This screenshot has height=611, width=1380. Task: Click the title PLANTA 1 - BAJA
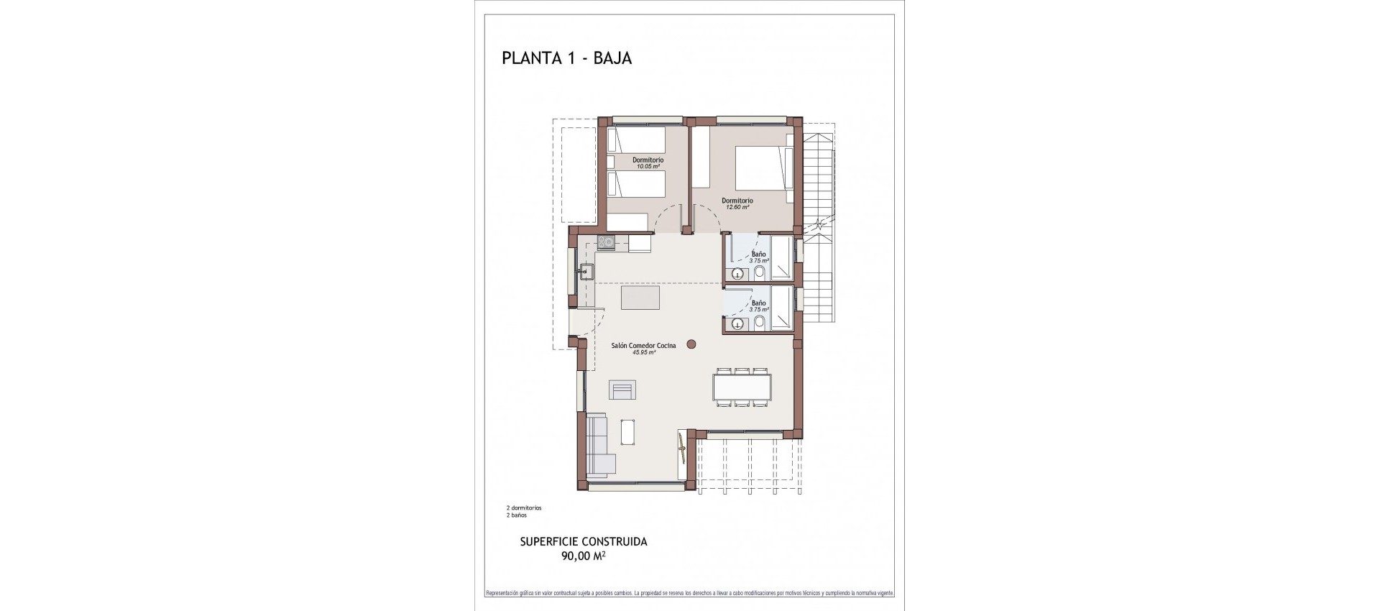[x=566, y=58]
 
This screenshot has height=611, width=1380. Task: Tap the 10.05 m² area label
[x=647, y=167]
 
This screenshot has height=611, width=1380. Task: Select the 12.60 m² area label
[x=737, y=207]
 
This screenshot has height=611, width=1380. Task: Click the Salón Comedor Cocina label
[x=643, y=346]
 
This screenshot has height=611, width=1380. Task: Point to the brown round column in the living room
[x=691, y=345]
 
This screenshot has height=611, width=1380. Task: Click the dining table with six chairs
[x=742, y=388]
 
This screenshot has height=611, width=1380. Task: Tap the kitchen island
[x=640, y=298]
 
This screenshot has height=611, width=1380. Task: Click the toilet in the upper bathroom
[x=759, y=272]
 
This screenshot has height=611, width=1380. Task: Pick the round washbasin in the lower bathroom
[x=737, y=323]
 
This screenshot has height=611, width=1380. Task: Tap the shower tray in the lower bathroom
[x=782, y=309]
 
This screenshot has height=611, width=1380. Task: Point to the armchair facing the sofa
[x=622, y=390]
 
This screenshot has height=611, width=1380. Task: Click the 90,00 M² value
[x=583, y=556]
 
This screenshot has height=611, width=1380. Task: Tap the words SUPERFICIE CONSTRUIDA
[x=583, y=542]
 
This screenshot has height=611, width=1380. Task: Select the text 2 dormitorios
[x=524, y=507]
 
